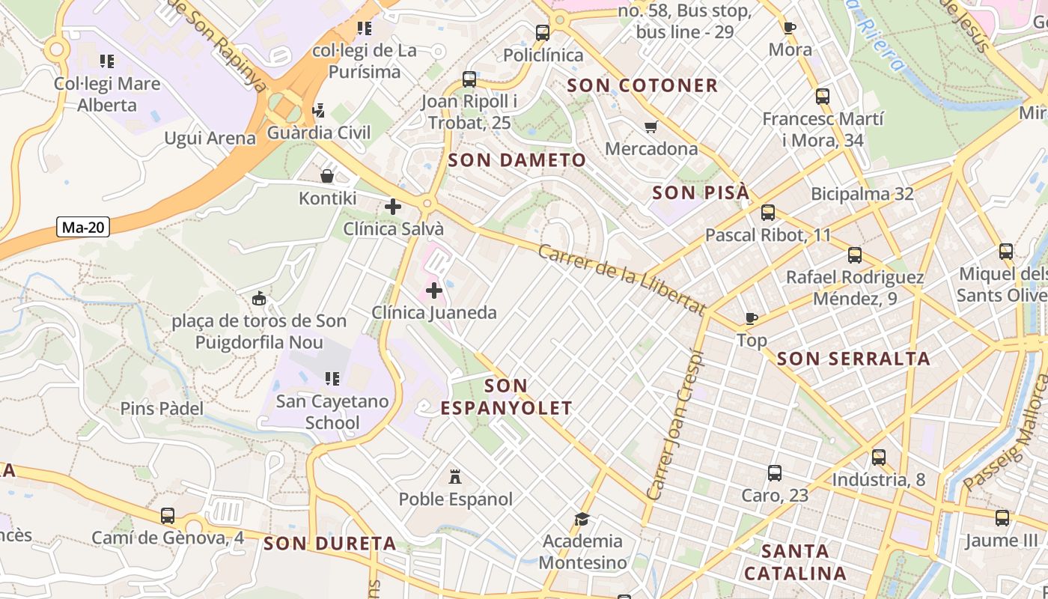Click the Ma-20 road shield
(x=82, y=228)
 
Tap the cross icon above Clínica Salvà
(x=393, y=207)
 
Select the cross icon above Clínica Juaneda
(x=434, y=290)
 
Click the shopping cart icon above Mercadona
(x=651, y=127)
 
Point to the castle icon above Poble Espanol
(x=454, y=477)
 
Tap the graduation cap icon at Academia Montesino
(x=582, y=519)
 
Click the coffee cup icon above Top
(x=752, y=318)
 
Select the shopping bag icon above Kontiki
(x=327, y=176)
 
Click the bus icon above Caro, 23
(x=775, y=473)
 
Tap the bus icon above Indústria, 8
(x=879, y=457)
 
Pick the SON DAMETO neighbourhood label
(x=517, y=160)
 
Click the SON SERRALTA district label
(x=853, y=359)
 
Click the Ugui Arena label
(x=210, y=138)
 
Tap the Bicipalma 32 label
(x=862, y=194)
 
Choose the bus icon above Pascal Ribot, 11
(x=768, y=212)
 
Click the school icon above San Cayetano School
(x=332, y=379)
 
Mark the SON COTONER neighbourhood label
(x=642, y=85)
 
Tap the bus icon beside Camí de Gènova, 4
(x=168, y=516)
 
